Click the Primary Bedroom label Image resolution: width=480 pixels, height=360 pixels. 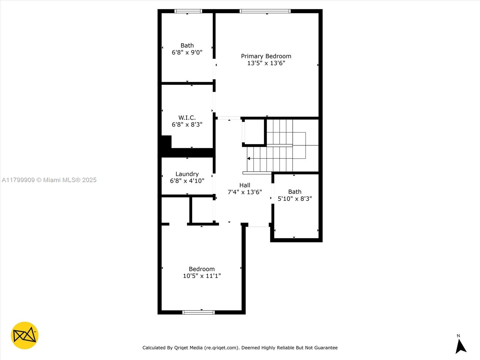point(266,56)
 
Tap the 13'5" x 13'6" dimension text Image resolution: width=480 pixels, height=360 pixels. point(266,63)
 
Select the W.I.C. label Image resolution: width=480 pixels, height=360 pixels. point(187,118)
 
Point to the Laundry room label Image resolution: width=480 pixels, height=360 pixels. point(187,174)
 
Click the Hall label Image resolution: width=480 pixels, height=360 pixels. point(245,185)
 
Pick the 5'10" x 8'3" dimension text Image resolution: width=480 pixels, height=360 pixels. point(295,199)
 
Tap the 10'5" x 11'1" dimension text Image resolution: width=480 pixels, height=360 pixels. point(202,276)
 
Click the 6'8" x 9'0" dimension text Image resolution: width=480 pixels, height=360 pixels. point(187,52)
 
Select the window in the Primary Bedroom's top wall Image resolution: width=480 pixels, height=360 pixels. point(265,11)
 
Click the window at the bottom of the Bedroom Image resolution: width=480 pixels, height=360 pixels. point(199,312)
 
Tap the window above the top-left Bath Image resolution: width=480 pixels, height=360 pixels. point(188,11)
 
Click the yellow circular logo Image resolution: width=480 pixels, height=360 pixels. point(25,335)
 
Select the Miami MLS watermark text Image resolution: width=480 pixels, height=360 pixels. point(49,180)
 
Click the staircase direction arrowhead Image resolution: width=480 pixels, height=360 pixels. point(249,158)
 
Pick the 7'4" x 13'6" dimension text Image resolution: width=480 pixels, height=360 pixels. point(245,192)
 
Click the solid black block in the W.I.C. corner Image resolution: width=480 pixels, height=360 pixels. point(166,142)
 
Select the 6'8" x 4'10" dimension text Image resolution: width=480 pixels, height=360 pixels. point(187,181)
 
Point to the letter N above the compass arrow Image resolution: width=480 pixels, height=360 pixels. point(458,336)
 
